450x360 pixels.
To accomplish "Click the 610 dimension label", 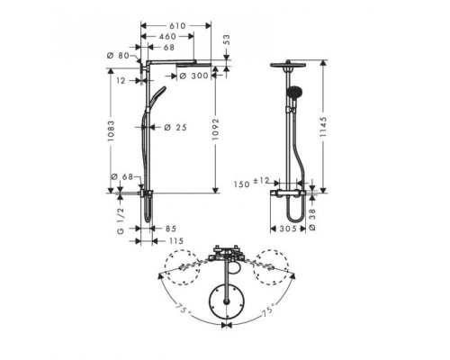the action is (x=177, y=26).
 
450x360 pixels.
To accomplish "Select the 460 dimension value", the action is (x=167, y=36).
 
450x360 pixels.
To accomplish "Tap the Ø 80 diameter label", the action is (x=118, y=56).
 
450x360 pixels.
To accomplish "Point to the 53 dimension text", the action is (x=227, y=40).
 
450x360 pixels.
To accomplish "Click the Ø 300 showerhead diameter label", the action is (x=193, y=76).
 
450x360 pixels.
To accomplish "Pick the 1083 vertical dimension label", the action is (x=111, y=131).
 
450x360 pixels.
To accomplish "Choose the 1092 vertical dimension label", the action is (x=215, y=130).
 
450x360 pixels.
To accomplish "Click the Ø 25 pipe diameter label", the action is (x=175, y=128).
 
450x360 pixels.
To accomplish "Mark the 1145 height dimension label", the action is (x=323, y=127).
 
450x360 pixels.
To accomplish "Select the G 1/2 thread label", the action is (x=121, y=220).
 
